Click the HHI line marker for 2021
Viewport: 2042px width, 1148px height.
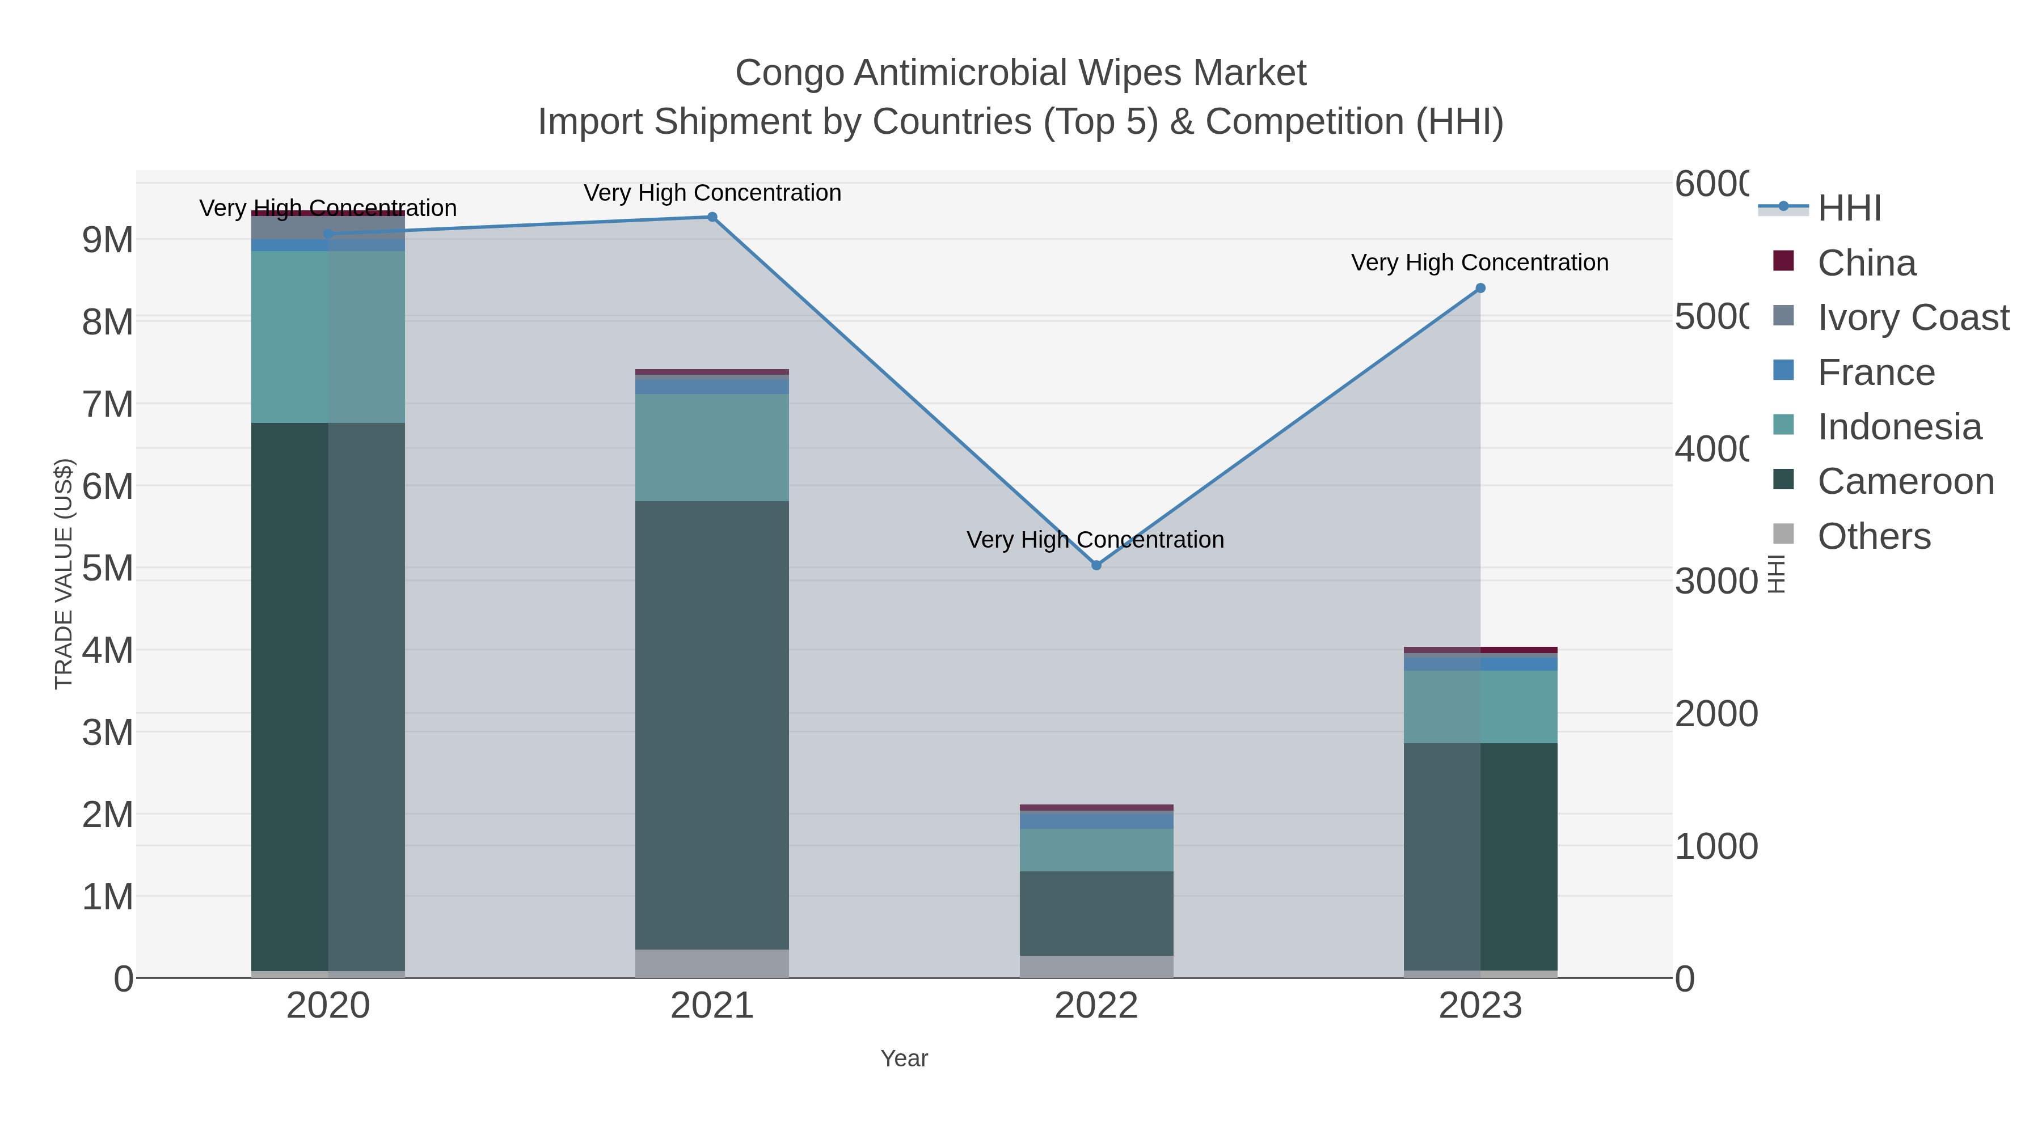tap(712, 217)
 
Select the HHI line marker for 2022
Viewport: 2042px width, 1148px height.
tap(1096, 565)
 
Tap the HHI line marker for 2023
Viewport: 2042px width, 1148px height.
tap(1480, 289)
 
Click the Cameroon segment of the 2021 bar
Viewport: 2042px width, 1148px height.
tap(712, 725)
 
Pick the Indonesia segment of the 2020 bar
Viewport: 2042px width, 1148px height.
tap(328, 337)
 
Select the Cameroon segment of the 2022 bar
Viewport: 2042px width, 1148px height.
tap(1096, 913)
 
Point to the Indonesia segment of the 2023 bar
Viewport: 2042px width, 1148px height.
tap(1480, 707)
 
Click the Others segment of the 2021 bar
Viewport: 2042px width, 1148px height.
tap(712, 963)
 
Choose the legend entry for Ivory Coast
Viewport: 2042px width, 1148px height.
tap(1913, 317)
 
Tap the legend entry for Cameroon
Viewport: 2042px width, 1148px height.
tap(1905, 481)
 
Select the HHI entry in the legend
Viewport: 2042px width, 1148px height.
tap(1849, 209)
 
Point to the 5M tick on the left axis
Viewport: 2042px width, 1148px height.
tap(107, 568)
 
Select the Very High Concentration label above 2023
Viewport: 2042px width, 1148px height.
tap(1479, 262)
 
